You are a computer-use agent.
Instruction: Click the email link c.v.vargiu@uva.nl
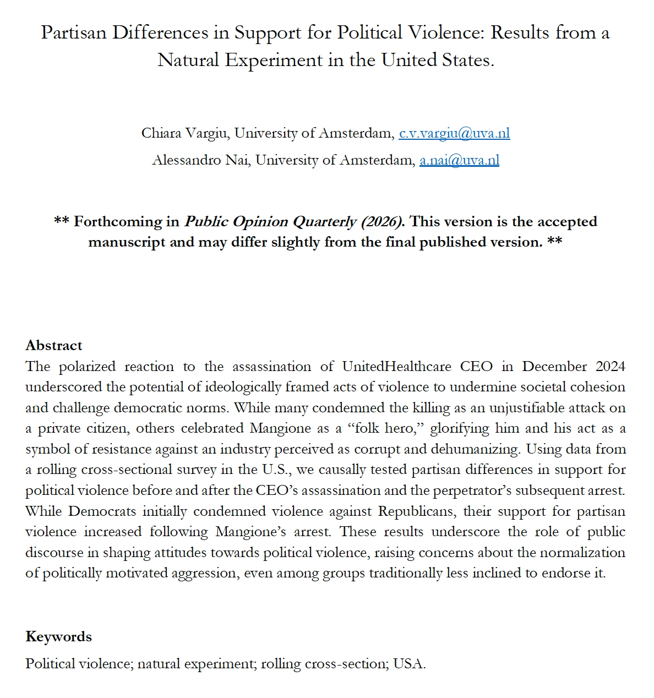pos(454,133)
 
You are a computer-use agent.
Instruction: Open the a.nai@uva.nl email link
pos(459,160)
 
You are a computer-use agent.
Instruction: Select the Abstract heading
pos(53,345)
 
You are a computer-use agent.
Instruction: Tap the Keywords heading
pos(58,636)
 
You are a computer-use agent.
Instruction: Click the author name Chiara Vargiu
pos(185,133)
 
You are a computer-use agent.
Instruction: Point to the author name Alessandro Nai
pos(200,160)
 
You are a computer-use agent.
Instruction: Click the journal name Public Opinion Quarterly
pos(270,222)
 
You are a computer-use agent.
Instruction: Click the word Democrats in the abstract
pos(102,511)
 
